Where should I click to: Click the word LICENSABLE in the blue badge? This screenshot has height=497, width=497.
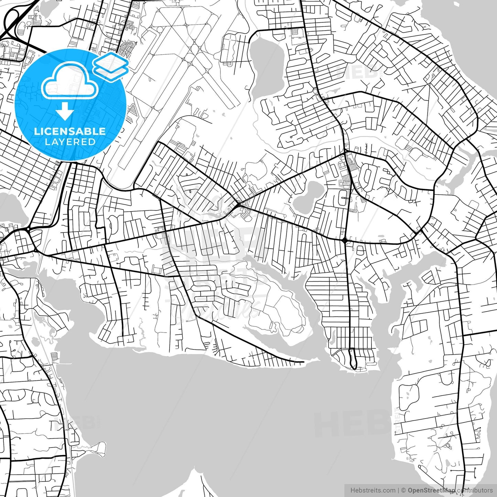point(69,131)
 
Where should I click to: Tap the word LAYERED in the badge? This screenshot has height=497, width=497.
point(70,142)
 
